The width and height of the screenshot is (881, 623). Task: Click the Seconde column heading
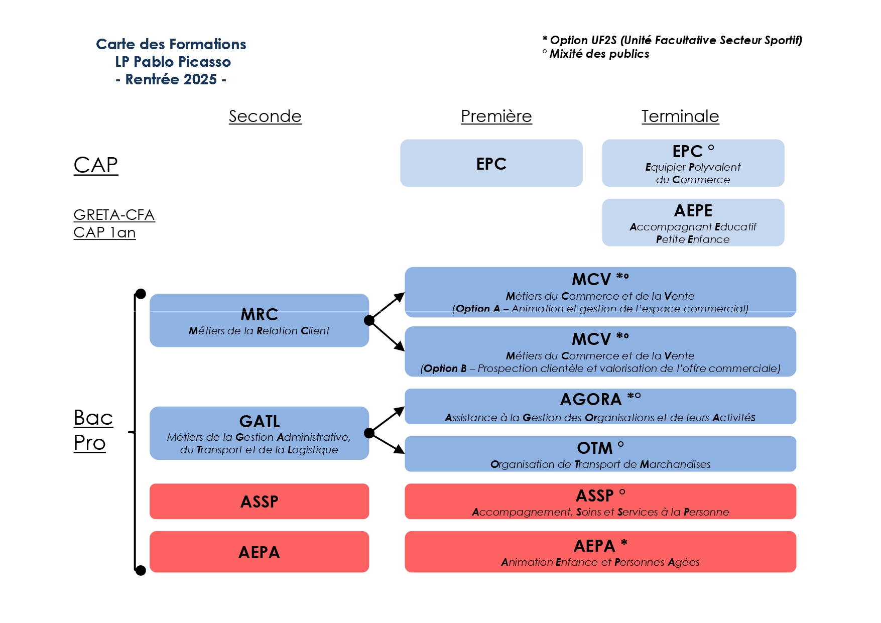pyautogui.click(x=265, y=116)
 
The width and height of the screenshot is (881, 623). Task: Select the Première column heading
pyautogui.click(x=496, y=116)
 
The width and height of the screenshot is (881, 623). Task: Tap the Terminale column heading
pyautogui.click(x=680, y=116)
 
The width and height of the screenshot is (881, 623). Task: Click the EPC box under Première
pyautogui.click(x=491, y=164)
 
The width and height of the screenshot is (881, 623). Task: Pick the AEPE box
pyautogui.click(x=693, y=222)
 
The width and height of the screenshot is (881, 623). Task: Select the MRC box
pyautogui.click(x=259, y=320)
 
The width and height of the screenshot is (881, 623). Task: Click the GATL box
pyautogui.click(x=259, y=433)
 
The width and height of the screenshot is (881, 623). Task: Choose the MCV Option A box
pyautogui.click(x=600, y=292)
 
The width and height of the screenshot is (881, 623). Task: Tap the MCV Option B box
pyautogui.click(x=600, y=351)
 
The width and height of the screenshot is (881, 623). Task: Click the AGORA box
pyautogui.click(x=600, y=407)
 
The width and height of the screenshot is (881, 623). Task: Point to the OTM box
pyautogui.click(x=600, y=454)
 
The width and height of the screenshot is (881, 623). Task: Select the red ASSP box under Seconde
pyautogui.click(x=259, y=501)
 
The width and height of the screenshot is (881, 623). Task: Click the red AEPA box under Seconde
pyautogui.click(x=259, y=552)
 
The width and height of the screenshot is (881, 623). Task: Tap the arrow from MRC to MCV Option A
pyautogui.click(x=388, y=306)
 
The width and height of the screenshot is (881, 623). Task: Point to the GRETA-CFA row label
pyautogui.click(x=114, y=215)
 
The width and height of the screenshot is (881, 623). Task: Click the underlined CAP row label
pyautogui.click(x=96, y=165)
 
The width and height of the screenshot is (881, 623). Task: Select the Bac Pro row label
pyautogui.click(x=93, y=430)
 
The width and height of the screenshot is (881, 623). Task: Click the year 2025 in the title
pyautogui.click(x=200, y=79)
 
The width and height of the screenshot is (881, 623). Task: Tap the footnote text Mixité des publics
pyautogui.click(x=599, y=54)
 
